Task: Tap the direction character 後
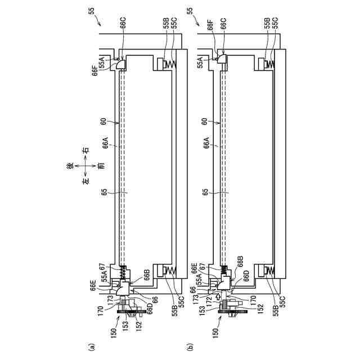point(70,166)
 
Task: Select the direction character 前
point(101,166)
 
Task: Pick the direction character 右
point(85,150)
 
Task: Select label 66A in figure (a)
point(106,143)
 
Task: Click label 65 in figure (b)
point(205,192)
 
